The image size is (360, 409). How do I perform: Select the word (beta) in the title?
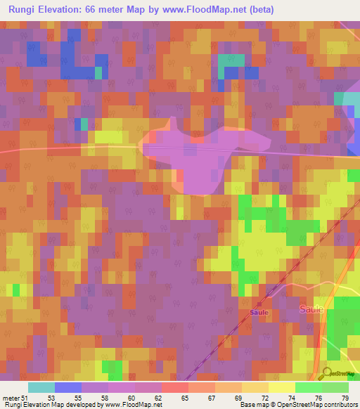pos(258,10)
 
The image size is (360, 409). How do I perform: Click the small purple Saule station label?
pos(259,312)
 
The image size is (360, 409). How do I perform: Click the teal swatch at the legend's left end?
pos(41,387)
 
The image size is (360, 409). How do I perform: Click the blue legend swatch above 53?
pos(68,387)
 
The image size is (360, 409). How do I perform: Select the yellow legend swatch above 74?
pos(281,387)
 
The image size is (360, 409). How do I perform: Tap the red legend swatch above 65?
pos(174,387)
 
